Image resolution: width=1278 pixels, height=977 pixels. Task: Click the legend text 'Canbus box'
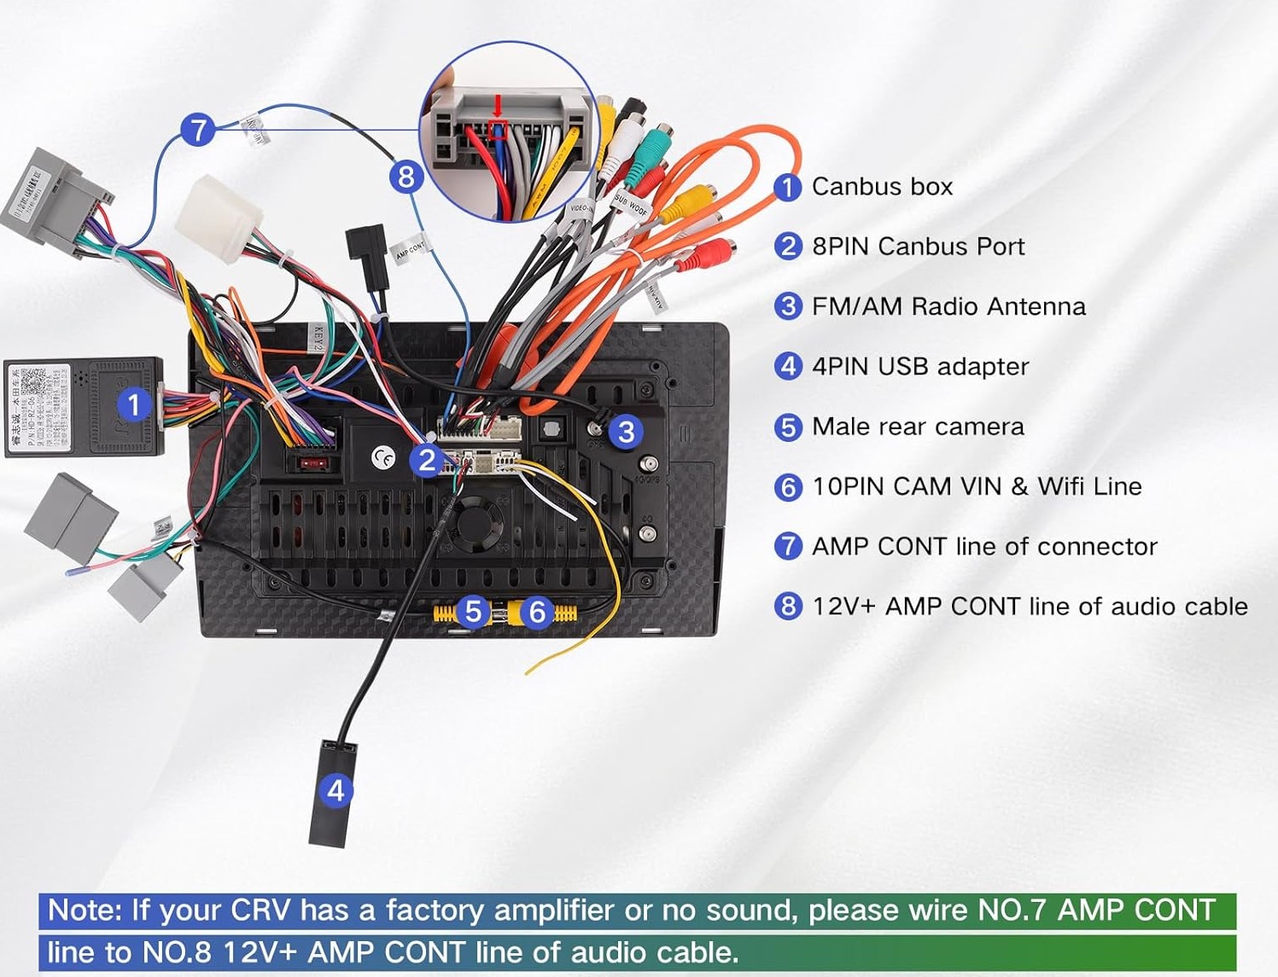click(x=882, y=186)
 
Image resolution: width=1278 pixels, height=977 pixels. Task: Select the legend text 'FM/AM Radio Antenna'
click(x=948, y=306)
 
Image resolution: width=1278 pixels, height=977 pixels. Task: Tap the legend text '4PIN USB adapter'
click(x=920, y=366)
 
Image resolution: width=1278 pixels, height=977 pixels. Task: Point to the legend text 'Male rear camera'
click(x=918, y=427)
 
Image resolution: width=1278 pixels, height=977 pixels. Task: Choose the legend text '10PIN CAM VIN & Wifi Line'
click(x=977, y=486)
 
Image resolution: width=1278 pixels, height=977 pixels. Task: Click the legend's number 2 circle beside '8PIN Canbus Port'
click(x=787, y=247)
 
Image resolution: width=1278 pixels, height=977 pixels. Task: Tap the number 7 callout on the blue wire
click(x=198, y=131)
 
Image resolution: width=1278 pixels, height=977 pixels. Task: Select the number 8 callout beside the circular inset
click(x=406, y=177)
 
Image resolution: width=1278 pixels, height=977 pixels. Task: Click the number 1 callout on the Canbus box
click(x=133, y=404)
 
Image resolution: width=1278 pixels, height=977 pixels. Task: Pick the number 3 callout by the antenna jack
click(x=626, y=432)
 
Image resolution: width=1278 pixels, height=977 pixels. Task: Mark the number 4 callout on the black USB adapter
click(x=336, y=790)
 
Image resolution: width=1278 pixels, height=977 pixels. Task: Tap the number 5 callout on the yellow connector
click(x=473, y=611)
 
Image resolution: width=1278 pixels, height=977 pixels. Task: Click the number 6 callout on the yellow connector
click(x=537, y=611)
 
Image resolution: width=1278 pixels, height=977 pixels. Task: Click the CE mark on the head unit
click(x=383, y=458)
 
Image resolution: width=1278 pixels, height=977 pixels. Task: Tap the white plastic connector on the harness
click(x=219, y=217)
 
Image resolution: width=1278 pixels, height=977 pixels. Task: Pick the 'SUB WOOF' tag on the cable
click(x=632, y=205)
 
